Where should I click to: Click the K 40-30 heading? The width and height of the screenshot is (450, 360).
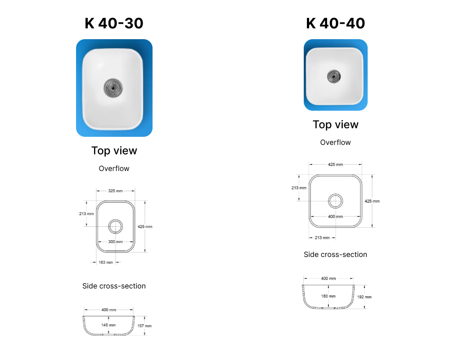114,23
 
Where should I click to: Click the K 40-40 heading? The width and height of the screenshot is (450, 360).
336,23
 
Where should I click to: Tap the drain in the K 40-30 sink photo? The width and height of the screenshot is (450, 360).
113,88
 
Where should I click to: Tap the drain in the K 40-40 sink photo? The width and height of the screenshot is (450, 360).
334,76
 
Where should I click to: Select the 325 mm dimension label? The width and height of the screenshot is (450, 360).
115,191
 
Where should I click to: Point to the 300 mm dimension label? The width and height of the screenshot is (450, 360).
115,242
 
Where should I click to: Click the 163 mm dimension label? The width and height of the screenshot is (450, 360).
106,262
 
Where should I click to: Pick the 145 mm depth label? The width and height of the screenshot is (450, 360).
108,325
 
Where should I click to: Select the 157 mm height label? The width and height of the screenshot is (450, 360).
144,326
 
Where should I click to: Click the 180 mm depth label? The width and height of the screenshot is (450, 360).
328,296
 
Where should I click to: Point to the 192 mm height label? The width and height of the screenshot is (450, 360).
364,297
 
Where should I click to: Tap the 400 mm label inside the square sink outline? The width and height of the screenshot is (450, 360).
336,216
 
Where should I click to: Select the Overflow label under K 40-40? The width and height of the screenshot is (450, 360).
336,142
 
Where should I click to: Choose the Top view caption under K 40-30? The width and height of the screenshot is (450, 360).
114,151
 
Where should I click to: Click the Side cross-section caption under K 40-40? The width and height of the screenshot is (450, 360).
336,254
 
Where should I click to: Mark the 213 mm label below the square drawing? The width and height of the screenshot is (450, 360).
322,238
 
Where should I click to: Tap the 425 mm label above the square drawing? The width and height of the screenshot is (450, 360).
336,165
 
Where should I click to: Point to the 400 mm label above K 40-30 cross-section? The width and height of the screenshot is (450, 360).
109,310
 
